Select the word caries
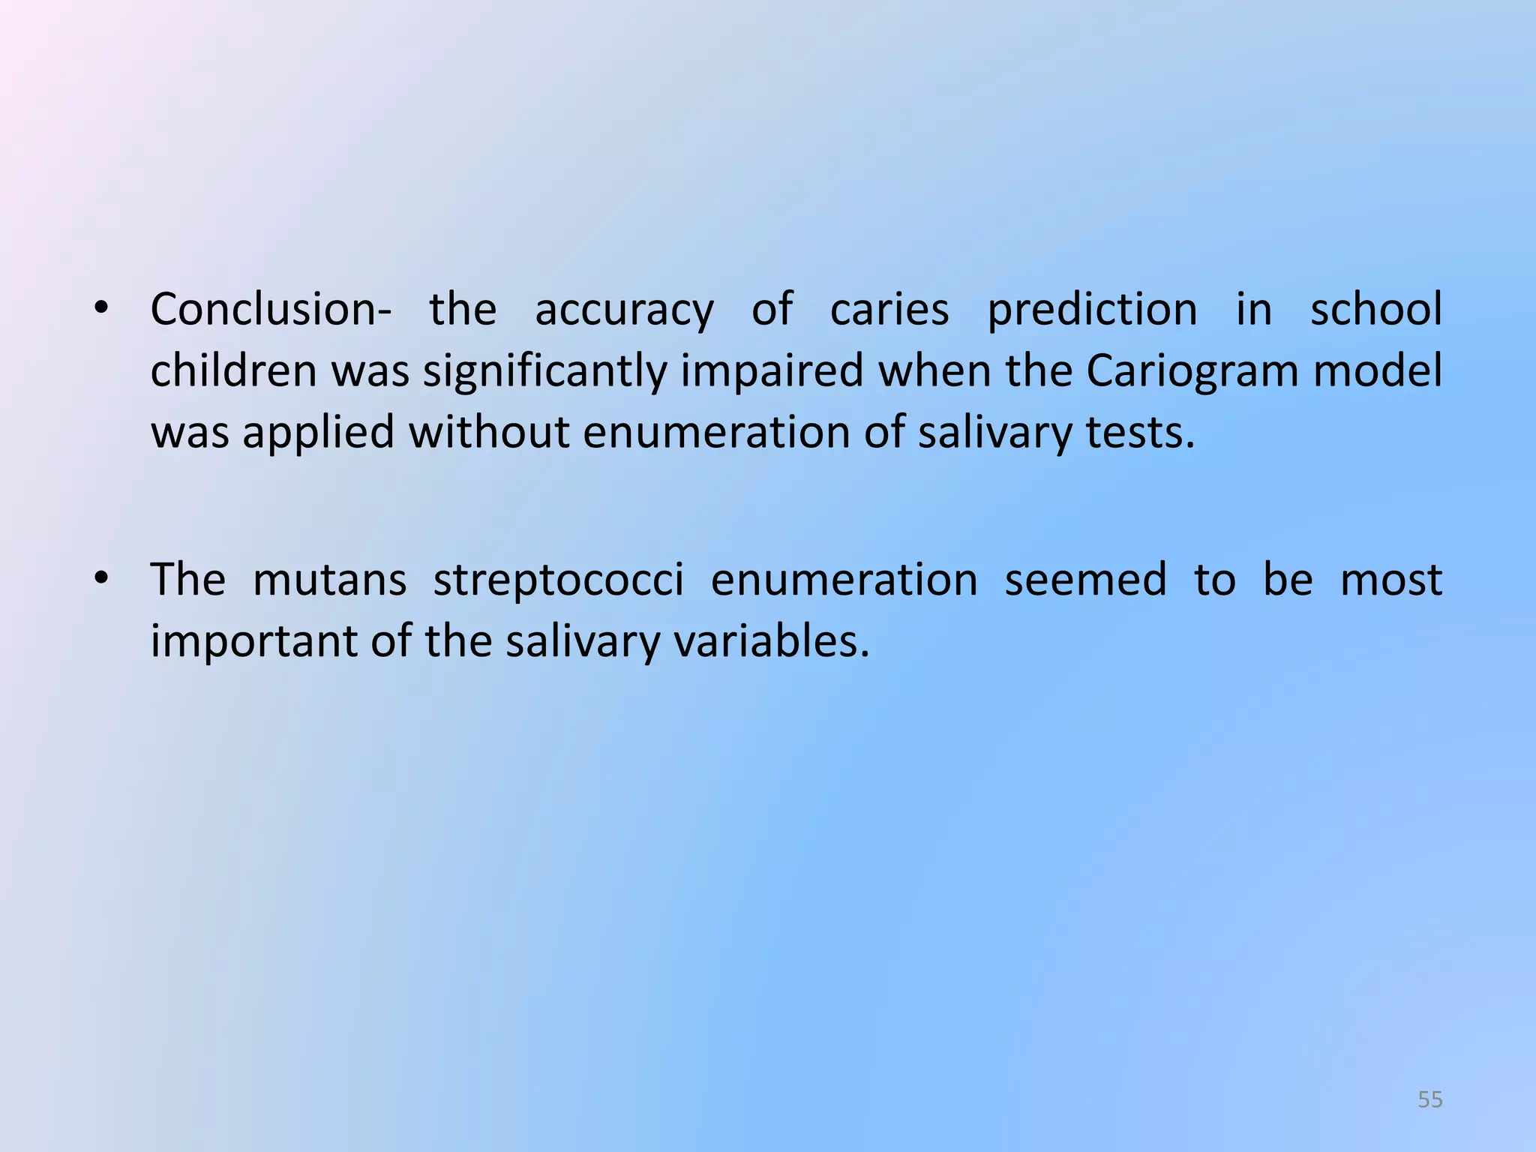point(889,309)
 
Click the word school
point(1376,309)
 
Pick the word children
point(233,370)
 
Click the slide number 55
point(1430,1099)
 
